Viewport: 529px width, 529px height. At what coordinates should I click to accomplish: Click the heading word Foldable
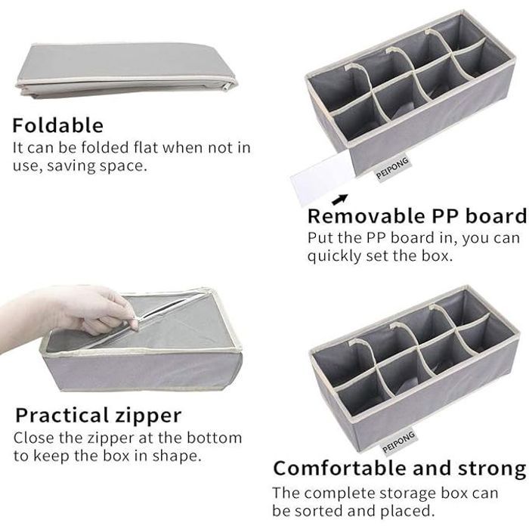click(x=57, y=125)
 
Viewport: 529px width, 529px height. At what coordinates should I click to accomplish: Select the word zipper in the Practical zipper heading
click(x=148, y=416)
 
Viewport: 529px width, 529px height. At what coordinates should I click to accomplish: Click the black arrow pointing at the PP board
click(x=340, y=200)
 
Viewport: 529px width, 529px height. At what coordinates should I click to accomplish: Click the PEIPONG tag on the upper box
click(x=392, y=169)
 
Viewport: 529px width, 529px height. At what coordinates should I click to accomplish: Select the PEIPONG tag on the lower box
click(x=398, y=442)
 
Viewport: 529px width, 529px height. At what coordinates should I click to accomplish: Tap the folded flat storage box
click(x=126, y=70)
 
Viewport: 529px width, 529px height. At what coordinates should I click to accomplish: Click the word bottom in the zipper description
click(x=214, y=438)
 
